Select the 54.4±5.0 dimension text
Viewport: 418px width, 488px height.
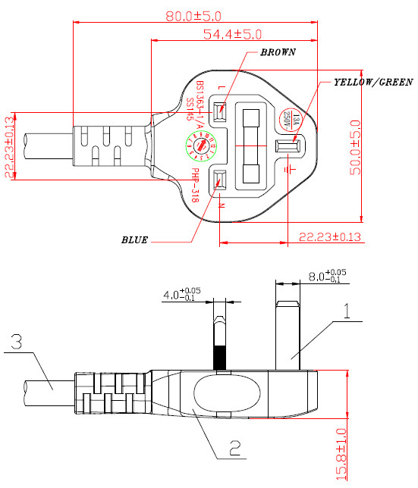point(232,34)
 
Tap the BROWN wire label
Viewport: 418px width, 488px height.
point(277,53)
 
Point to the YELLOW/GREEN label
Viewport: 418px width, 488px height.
point(372,81)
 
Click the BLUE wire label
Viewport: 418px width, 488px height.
point(134,240)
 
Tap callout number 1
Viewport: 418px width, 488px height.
point(345,311)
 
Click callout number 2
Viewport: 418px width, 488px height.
point(235,447)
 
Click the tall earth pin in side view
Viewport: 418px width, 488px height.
point(288,333)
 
